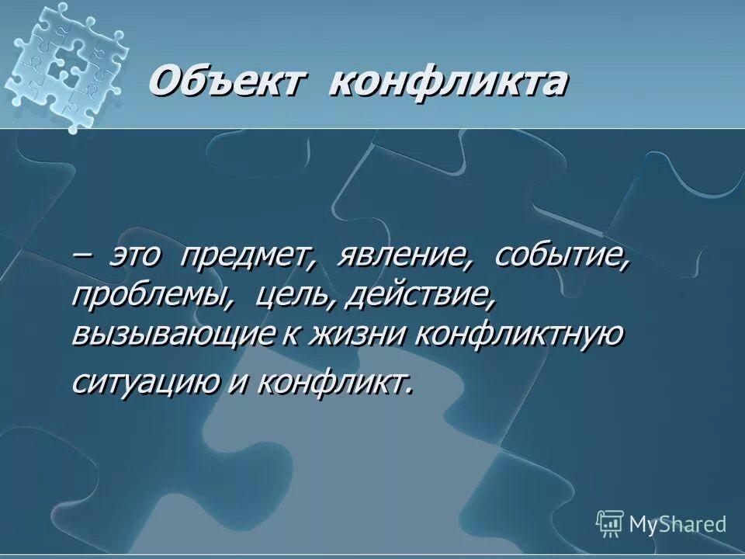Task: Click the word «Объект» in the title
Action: tap(223, 82)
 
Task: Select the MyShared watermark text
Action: tap(677, 524)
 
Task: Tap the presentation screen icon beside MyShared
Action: tap(610, 523)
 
